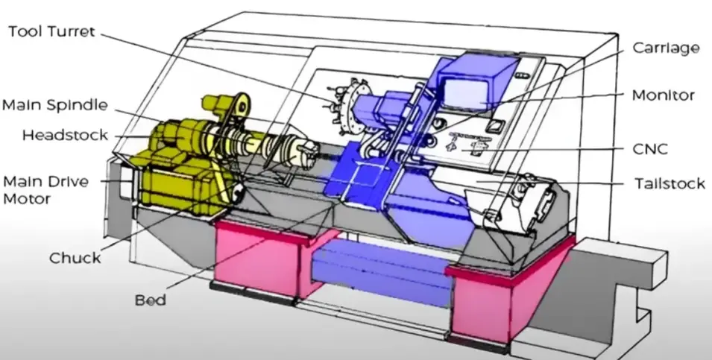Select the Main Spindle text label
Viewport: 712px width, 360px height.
[x=54, y=104]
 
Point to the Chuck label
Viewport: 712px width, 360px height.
[x=75, y=258]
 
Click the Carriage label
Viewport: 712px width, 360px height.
[x=666, y=48]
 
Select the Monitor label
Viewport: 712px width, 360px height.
[x=663, y=95]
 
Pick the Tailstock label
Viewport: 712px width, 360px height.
[x=669, y=183]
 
